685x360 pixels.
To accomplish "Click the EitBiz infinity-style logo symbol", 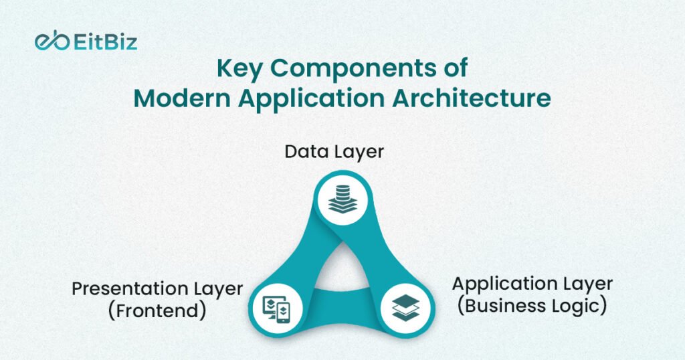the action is click(52, 41).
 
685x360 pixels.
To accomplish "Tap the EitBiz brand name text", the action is click(105, 42).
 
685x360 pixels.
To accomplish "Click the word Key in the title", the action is click(239, 70).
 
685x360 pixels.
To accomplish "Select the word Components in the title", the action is click(349, 70).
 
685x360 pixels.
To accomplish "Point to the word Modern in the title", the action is click(182, 98).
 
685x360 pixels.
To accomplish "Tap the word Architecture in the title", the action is click(472, 98).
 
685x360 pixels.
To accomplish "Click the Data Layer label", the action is click(334, 153).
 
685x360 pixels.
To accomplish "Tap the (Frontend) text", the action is click(157, 310).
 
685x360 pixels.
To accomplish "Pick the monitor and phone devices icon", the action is click(276, 310).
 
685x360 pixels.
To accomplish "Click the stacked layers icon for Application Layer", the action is click(406, 308).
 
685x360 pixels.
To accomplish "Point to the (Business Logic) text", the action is click(532, 305).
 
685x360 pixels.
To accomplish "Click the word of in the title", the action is click(452, 70).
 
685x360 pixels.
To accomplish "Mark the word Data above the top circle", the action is click(308, 152).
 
